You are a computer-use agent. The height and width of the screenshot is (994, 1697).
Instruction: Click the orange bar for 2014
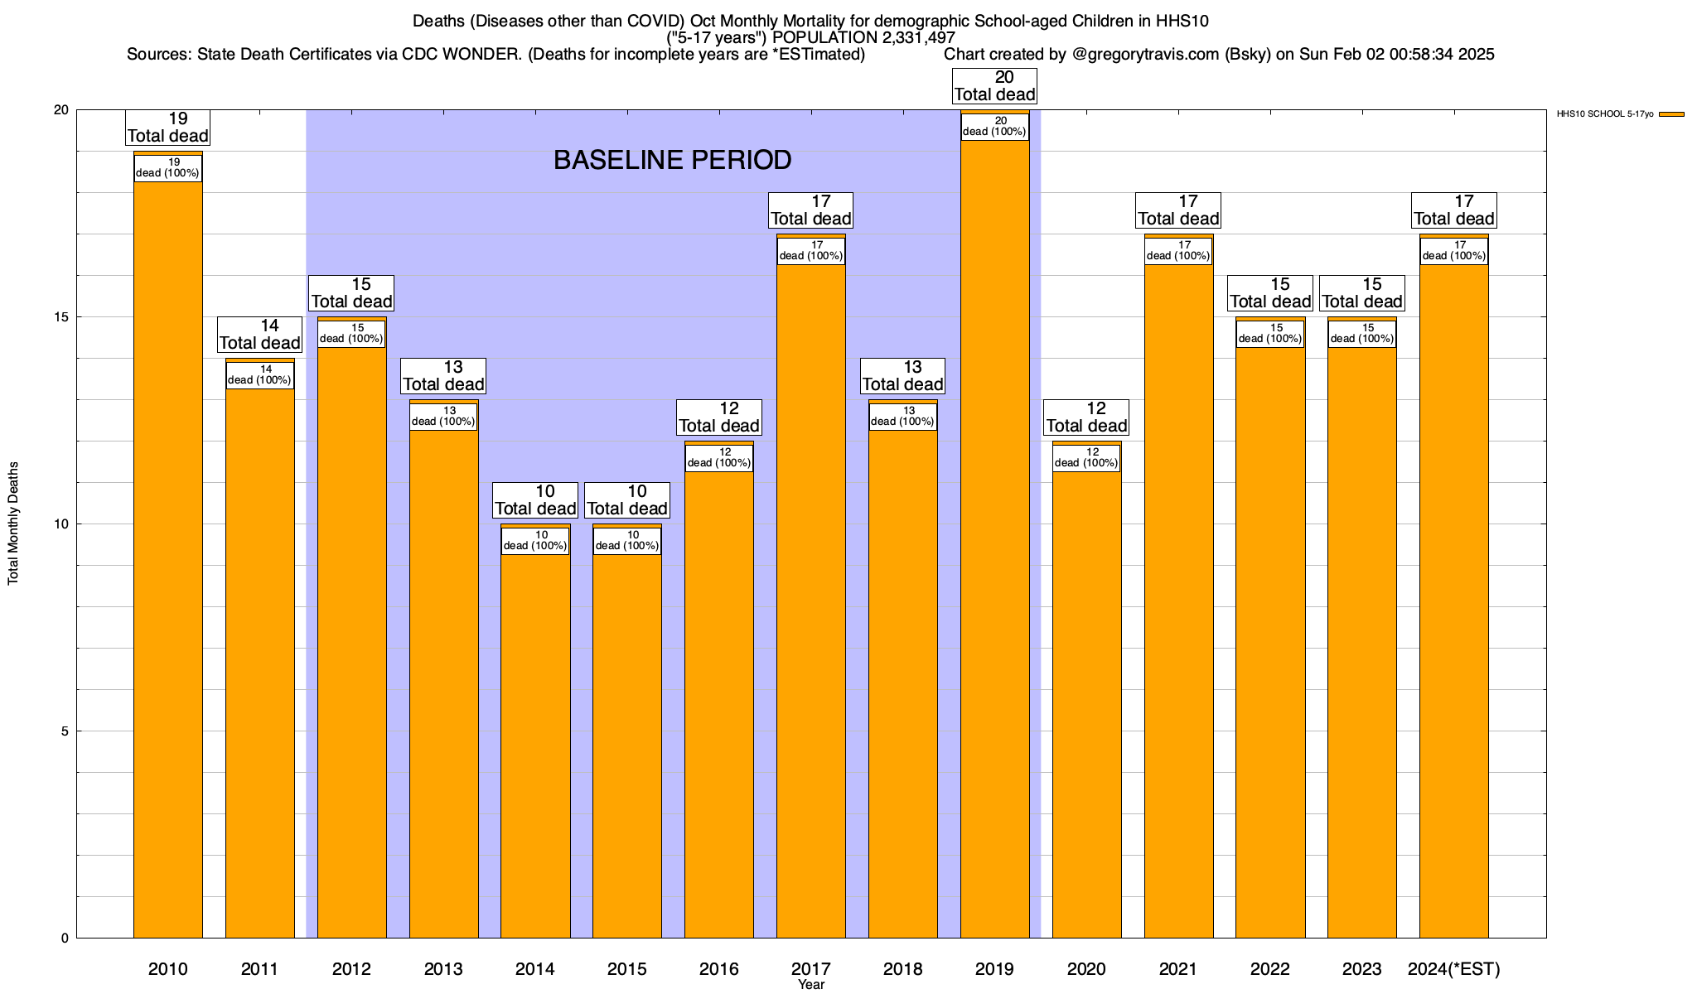click(x=535, y=745)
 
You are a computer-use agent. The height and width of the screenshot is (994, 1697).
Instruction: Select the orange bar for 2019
click(x=995, y=538)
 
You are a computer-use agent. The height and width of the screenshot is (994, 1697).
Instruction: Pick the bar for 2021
click(x=1178, y=596)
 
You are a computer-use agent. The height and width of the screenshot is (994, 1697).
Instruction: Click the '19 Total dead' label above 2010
click(x=168, y=128)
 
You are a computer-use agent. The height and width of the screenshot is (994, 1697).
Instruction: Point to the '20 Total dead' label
click(x=995, y=86)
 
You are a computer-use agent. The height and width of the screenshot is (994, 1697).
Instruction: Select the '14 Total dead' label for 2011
click(x=260, y=335)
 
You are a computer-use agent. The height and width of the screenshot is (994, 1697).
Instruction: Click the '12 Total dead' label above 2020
click(x=1086, y=417)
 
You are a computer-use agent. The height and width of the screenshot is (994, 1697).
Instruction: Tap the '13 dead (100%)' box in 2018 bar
click(x=903, y=417)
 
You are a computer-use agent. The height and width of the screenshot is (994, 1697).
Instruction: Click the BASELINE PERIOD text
click(x=672, y=160)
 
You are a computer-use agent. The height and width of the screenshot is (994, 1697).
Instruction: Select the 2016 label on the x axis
click(x=719, y=969)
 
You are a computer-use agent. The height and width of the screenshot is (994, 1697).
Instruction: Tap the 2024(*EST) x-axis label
click(x=1454, y=969)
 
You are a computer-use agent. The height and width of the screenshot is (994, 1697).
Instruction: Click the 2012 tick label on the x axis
click(x=351, y=969)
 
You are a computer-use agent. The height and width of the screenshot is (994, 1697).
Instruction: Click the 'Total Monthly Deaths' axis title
click(x=13, y=524)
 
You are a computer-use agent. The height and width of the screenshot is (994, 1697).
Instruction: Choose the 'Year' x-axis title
click(x=811, y=985)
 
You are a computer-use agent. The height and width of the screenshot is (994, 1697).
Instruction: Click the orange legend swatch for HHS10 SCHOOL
click(x=1671, y=114)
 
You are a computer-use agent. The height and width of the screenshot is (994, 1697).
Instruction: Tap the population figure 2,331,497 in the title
click(x=906, y=38)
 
